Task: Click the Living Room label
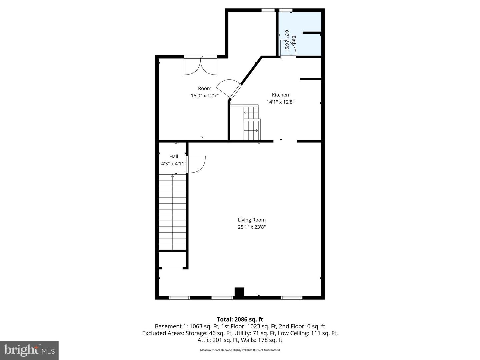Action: (x=252, y=220)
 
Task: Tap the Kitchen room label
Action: (x=280, y=95)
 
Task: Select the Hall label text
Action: (x=173, y=156)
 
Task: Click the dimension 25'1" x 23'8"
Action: (x=252, y=227)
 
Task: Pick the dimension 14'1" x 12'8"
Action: (x=280, y=102)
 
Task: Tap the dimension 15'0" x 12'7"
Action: (x=204, y=96)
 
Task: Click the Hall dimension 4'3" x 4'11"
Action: (x=173, y=164)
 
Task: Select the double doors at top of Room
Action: (x=200, y=66)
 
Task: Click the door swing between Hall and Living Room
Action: (x=196, y=164)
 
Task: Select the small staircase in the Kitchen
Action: (x=251, y=122)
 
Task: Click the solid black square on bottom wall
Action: (x=239, y=292)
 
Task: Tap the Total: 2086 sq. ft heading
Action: (x=240, y=319)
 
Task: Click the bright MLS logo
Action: (x=29, y=350)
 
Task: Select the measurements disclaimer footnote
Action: (x=240, y=350)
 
